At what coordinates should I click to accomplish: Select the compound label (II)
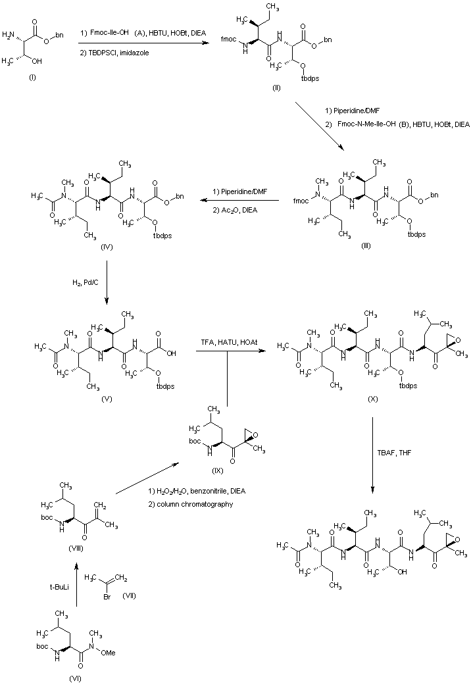pos(276,87)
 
